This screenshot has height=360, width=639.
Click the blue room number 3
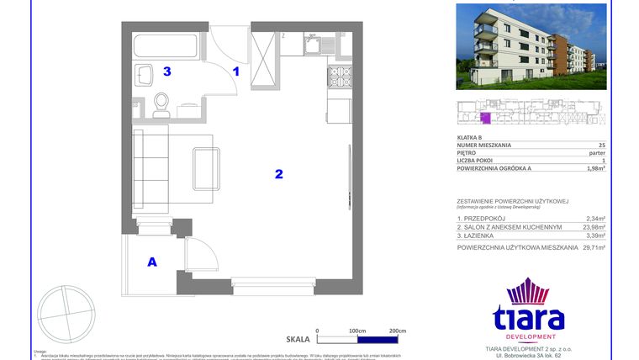[x=167, y=72]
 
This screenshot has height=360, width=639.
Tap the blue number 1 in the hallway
[x=236, y=72]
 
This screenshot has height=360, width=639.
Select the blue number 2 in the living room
[x=278, y=175]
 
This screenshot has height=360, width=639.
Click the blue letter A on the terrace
[x=152, y=262]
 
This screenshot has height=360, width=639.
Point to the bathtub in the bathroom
[x=166, y=46]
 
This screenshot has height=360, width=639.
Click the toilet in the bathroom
[x=161, y=103]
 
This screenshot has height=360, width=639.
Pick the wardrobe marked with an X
[x=265, y=55]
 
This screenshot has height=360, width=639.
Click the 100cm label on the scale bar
[x=357, y=331]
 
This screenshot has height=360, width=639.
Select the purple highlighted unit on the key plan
[x=484, y=118]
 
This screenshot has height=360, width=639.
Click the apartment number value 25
[x=601, y=146]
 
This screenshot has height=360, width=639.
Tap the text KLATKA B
[x=469, y=137]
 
